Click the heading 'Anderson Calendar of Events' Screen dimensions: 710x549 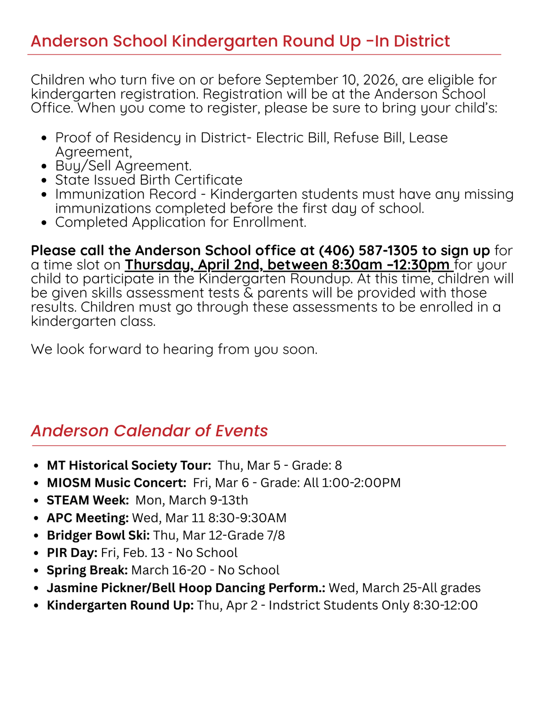(149, 431)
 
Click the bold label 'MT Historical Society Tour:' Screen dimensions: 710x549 (129, 465)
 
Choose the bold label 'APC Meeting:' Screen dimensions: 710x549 (88, 518)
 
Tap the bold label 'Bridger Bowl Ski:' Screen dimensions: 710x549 (98, 535)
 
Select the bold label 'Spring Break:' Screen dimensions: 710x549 (87, 570)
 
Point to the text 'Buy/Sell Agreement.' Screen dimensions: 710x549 (124, 165)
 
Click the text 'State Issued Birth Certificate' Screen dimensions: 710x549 (149, 180)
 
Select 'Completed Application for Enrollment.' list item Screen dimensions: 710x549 (181, 222)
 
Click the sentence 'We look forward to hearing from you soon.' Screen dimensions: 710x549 (174, 349)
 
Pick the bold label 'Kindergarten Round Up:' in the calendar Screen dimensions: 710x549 (120, 605)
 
